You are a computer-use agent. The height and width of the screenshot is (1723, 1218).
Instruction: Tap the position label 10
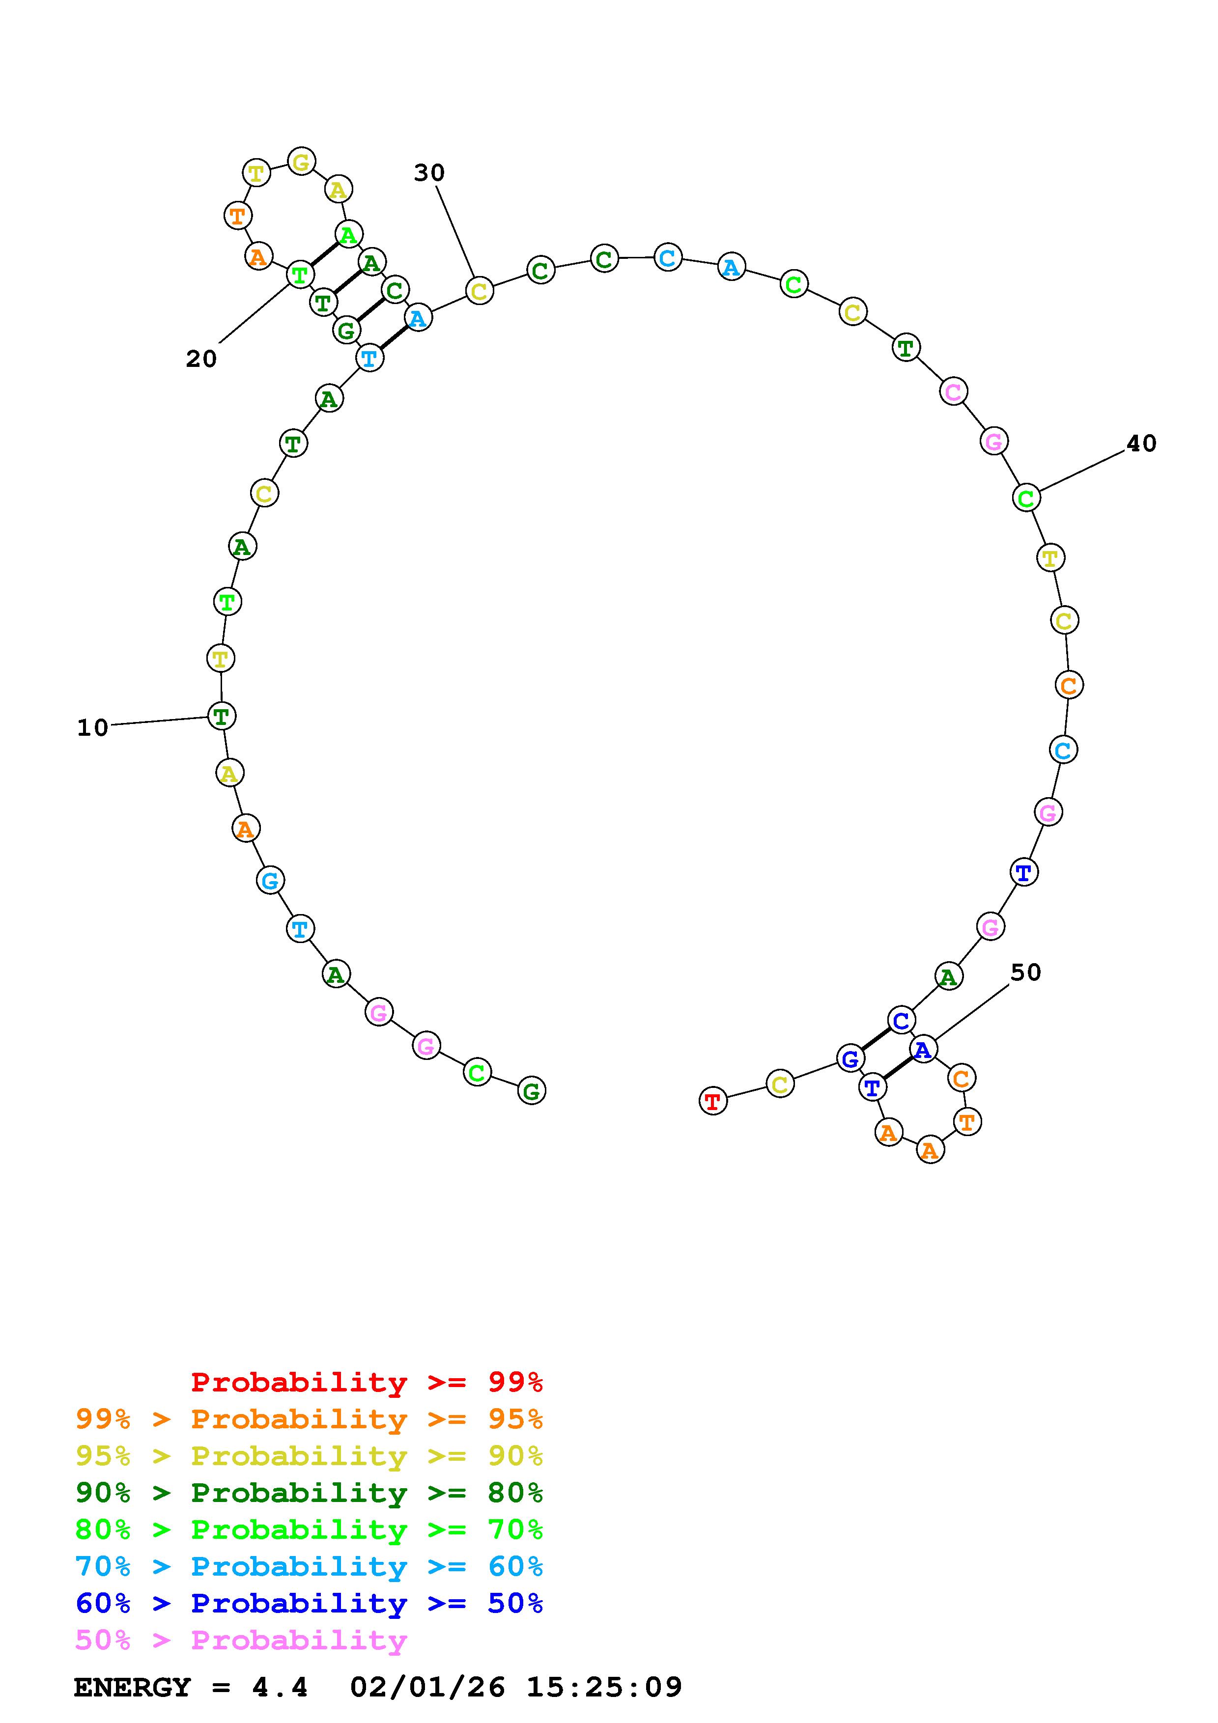coord(93,727)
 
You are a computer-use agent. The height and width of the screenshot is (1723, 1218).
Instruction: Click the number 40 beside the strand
coord(1141,444)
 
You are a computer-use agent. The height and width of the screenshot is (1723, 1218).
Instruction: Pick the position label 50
coord(1026,973)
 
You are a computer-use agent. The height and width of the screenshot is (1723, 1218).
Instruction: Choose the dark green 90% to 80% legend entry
coord(309,1493)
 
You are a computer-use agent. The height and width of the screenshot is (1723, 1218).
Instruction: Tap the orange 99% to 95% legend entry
coord(309,1419)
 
